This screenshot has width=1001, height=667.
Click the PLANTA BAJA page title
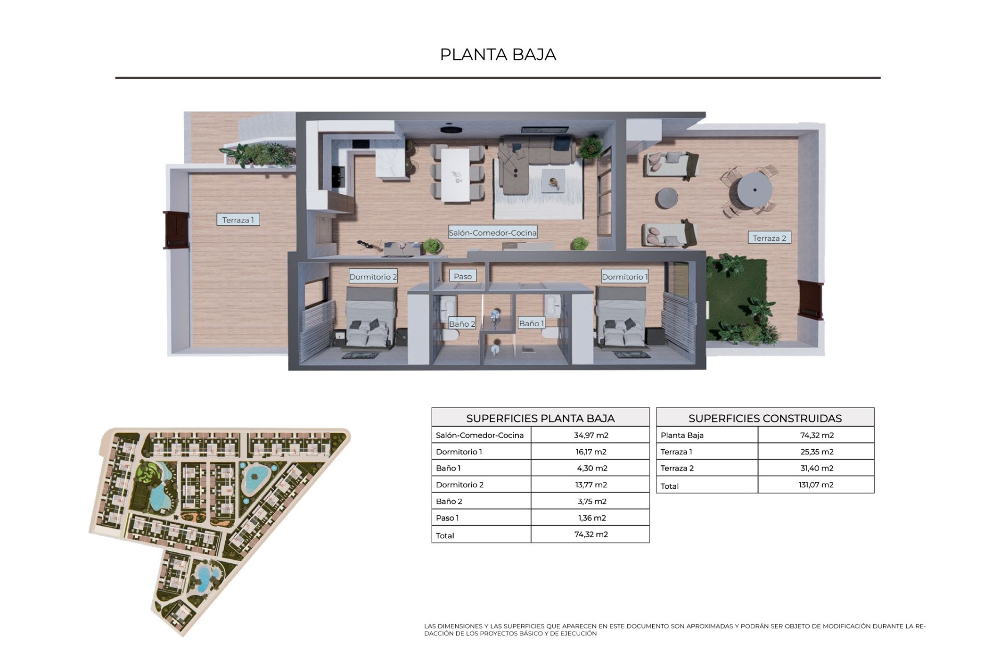(x=498, y=54)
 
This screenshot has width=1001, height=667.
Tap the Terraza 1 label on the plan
(x=238, y=220)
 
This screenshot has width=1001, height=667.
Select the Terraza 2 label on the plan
(x=770, y=238)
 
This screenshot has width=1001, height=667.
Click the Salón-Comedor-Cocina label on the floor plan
(x=493, y=232)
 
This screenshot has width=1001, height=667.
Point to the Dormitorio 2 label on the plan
(x=373, y=277)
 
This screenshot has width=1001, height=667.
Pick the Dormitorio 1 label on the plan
(x=625, y=277)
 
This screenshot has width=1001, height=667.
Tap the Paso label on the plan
(x=462, y=276)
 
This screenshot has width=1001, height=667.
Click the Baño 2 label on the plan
(x=462, y=324)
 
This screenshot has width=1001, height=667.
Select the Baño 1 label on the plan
(x=531, y=323)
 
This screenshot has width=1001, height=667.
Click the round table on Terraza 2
(x=753, y=190)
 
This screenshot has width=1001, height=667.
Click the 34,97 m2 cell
(x=591, y=435)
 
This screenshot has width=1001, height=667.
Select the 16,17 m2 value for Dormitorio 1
(x=591, y=452)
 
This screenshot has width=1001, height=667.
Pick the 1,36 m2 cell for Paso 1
(x=592, y=518)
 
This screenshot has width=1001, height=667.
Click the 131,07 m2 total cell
(x=816, y=485)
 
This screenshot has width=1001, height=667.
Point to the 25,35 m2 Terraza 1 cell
(x=816, y=452)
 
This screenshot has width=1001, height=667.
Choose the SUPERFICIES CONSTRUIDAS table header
(x=765, y=418)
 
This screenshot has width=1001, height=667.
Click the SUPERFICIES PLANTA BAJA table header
(x=540, y=418)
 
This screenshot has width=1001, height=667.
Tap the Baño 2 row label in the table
(x=449, y=501)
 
